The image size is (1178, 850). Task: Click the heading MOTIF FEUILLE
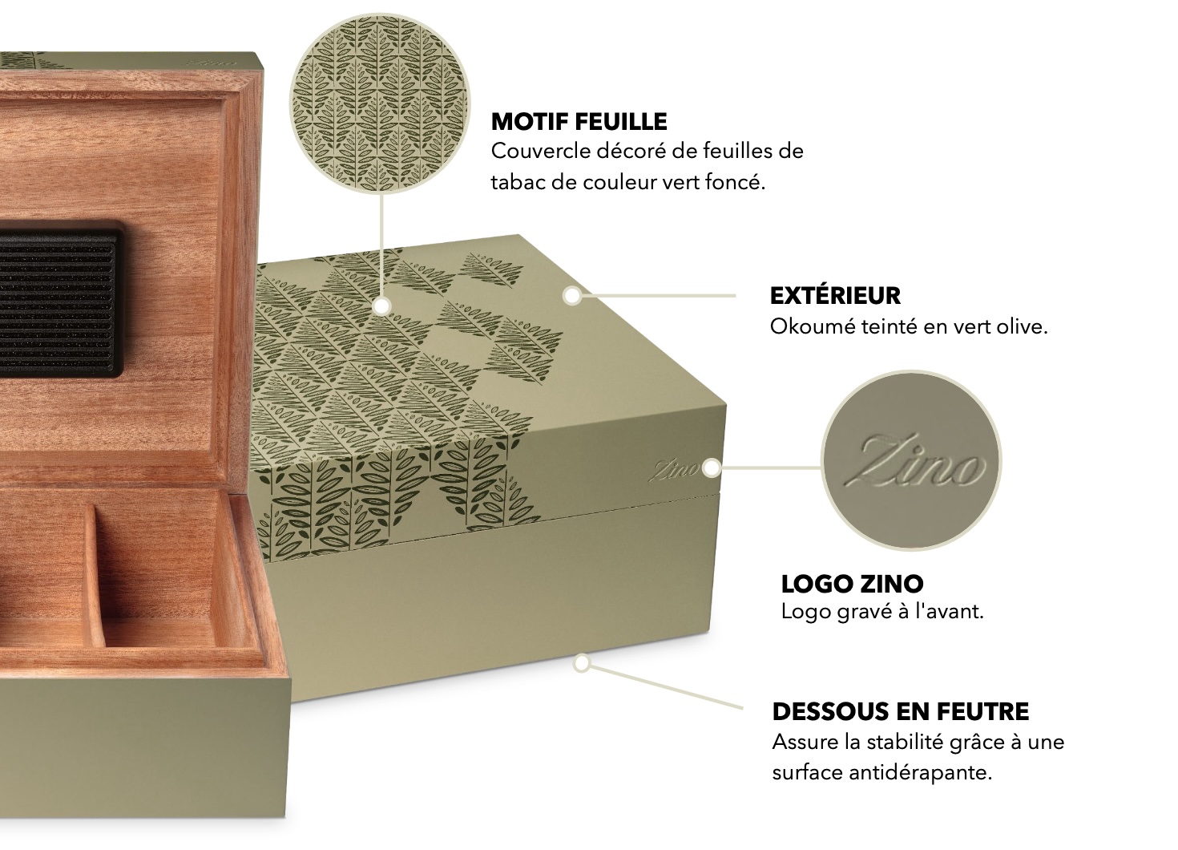tap(579, 122)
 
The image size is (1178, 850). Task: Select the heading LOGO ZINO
tap(853, 583)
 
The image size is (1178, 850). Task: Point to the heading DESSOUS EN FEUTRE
tap(901, 711)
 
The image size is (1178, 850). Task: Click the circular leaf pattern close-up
tap(379, 103)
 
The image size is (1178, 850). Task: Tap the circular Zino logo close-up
tap(911, 461)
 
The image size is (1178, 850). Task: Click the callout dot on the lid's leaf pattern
tap(382, 306)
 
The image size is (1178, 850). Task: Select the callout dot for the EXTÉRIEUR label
tap(572, 296)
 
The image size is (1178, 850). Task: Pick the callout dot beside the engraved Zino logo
tap(712, 467)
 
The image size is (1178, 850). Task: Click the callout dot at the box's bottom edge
tap(582, 664)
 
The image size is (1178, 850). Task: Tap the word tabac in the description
tap(516, 182)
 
